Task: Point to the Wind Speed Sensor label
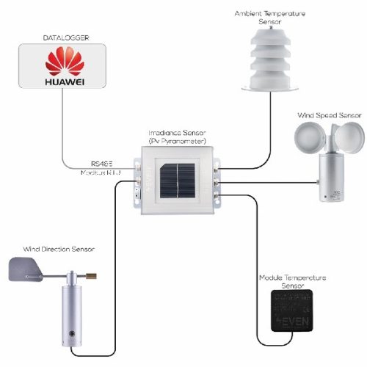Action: pos(330,115)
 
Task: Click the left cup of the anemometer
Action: pos(307,139)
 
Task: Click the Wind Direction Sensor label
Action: pos(54,250)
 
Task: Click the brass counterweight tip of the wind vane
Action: pos(93,277)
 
